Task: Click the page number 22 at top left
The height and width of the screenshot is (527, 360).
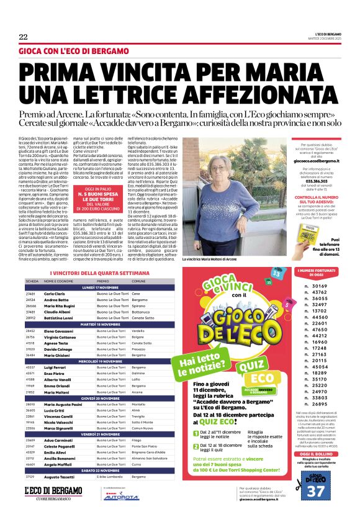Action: tap(23, 37)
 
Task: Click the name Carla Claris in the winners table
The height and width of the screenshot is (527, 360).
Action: tap(55, 293)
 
